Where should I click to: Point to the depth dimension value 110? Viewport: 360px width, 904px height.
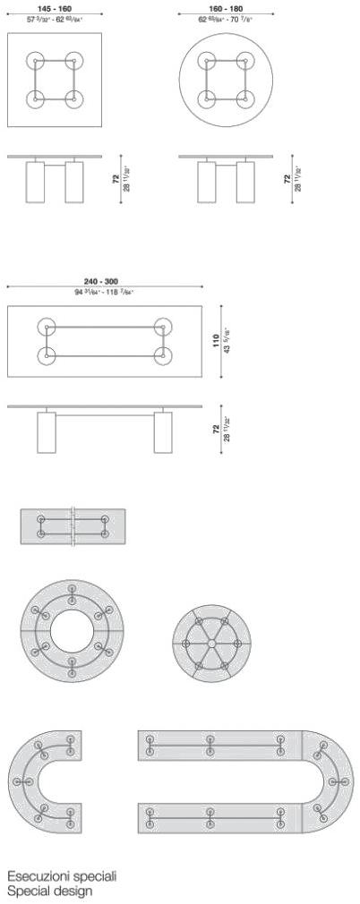[215, 341]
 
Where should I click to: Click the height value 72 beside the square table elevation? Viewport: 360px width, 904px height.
[116, 179]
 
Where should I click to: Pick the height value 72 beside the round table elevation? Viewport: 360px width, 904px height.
[287, 179]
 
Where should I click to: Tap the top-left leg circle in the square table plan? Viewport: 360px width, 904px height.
[36, 62]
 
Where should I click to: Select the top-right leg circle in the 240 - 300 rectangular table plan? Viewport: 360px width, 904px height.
[162, 327]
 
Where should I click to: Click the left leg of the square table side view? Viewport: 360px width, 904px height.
[35, 183]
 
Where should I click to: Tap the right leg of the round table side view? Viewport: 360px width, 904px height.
[244, 183]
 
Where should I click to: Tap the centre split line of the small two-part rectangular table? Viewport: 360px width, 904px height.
[73, 527]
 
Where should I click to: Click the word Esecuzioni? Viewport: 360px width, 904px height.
[35, 876]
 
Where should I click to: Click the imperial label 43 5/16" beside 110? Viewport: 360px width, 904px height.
[226, 341]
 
